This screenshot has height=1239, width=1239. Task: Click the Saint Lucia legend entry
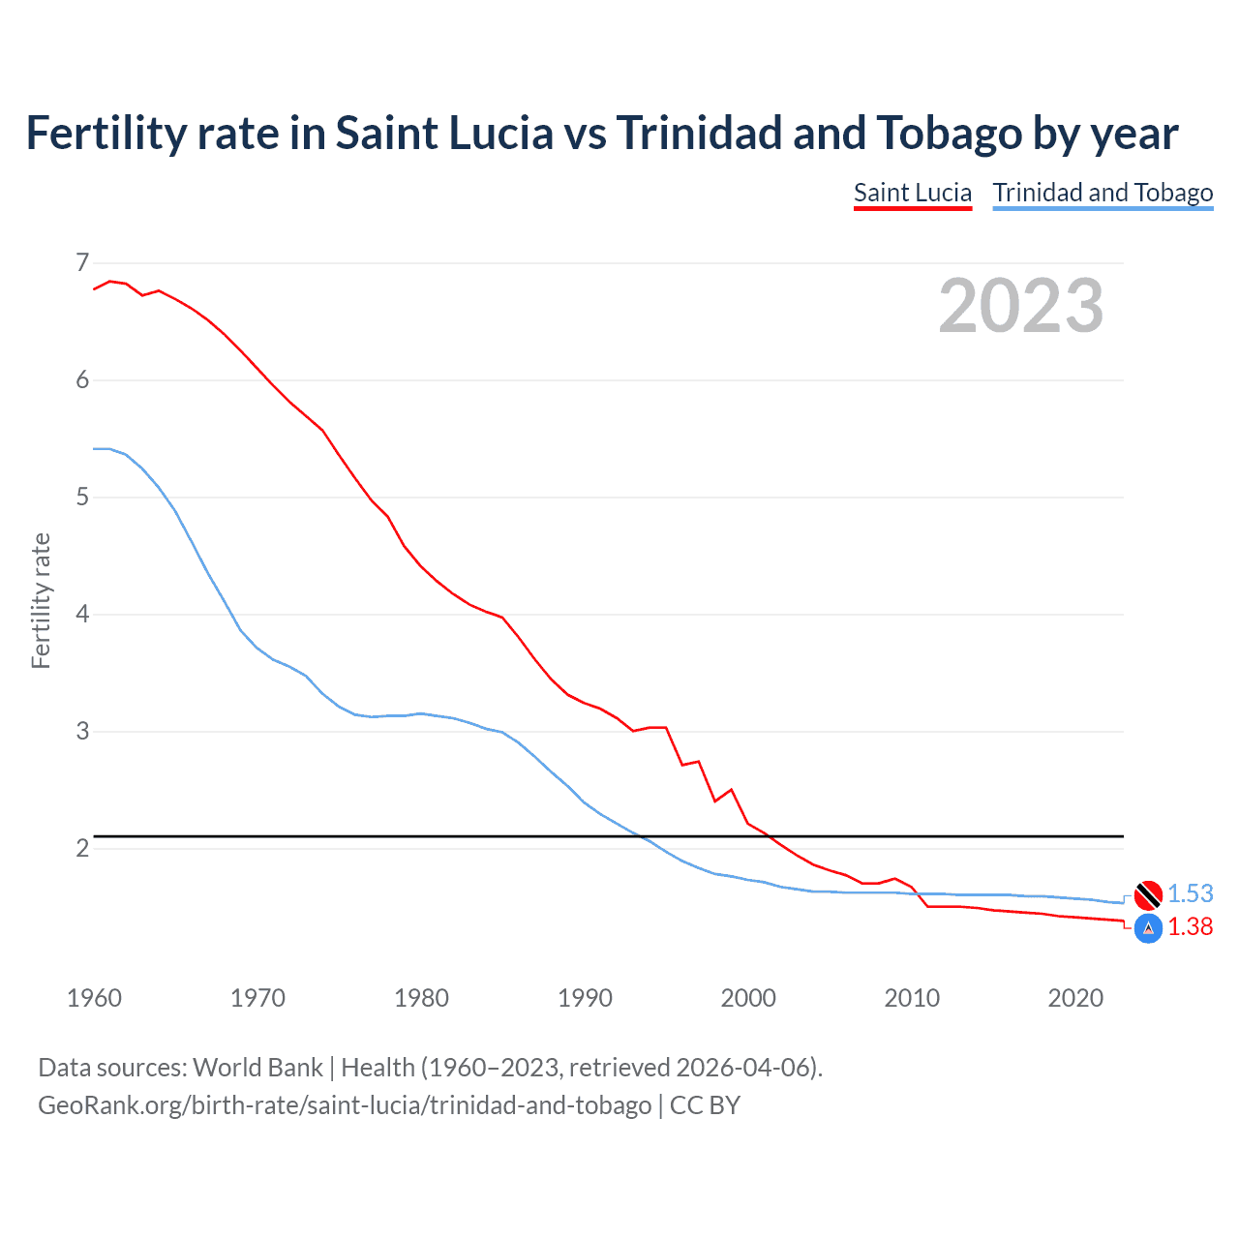(912, 193)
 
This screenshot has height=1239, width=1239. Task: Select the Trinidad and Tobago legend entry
(1103, 193)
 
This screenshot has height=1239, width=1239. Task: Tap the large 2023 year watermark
(1021, 306)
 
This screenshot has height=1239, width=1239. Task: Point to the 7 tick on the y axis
(82, 262)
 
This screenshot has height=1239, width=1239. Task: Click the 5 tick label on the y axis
(82, 497)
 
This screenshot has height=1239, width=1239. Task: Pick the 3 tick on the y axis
(82, 731)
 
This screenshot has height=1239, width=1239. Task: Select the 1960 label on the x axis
(94, 998)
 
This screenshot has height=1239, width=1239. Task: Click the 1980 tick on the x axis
(421, 998)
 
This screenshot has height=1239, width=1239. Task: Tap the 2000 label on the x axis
(748, 998)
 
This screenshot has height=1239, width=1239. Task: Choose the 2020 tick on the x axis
(1075, 998)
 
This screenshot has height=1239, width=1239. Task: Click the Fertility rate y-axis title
(41, 600)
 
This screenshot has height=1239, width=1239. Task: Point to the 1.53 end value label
(1190, 893)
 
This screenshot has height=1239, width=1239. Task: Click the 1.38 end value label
(1190, 926)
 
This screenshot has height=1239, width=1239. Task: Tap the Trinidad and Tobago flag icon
(1148, 895)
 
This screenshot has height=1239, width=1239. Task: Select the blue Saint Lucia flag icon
(1148, 928)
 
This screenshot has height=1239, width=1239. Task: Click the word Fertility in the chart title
(102, 134)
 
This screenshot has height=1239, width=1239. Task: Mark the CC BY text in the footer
(705, 1104)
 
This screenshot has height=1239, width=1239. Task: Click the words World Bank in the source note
(257, 1067)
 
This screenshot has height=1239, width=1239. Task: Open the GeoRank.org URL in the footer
(345, 1104)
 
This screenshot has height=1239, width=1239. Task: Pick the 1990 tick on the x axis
(585, 998)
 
